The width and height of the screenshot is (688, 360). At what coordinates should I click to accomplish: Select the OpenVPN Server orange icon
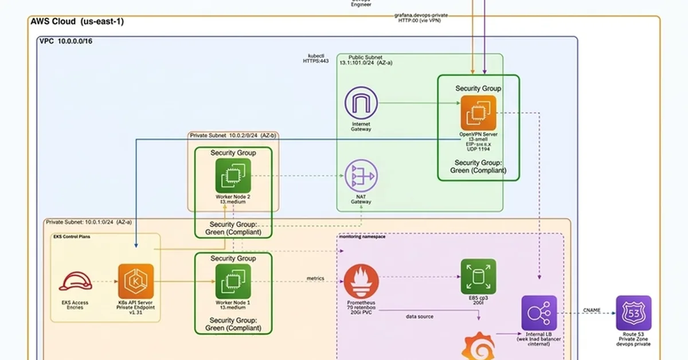pyautogui.click(x=478, y=113)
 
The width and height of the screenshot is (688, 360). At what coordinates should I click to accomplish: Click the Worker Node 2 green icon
pyautogui.click(x=233, y=175)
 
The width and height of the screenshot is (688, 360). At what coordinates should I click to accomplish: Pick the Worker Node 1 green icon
pyautogui.click(x=233, y=281)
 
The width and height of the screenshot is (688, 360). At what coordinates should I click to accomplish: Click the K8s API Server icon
pyautogui.click(x=136, y=281)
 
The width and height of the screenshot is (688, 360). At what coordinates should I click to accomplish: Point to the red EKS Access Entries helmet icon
pyautogui.click(x=75, y=281)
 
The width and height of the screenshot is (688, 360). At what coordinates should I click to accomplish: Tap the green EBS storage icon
pyautogui.click(x=478, y=276)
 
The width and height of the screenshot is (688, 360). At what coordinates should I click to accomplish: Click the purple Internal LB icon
pyautogui.click(x=539, y=313)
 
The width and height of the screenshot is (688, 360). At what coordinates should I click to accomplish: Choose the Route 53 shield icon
pyautogui.click(x=634, y=313)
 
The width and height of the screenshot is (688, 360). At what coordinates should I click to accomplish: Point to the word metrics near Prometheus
pyautogui.click(x=315, y=279)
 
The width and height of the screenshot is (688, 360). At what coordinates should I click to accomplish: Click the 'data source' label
pyautogui.click(x=420, y=316)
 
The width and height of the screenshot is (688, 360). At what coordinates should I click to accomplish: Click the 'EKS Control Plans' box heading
pyautogui.click(x=72, y=236)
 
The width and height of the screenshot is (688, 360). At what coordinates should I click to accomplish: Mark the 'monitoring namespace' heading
pyautogui.click(x=362, y=236)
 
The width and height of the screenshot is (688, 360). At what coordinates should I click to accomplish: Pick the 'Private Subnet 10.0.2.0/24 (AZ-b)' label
pyautogui.click(x=233, y=136)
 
